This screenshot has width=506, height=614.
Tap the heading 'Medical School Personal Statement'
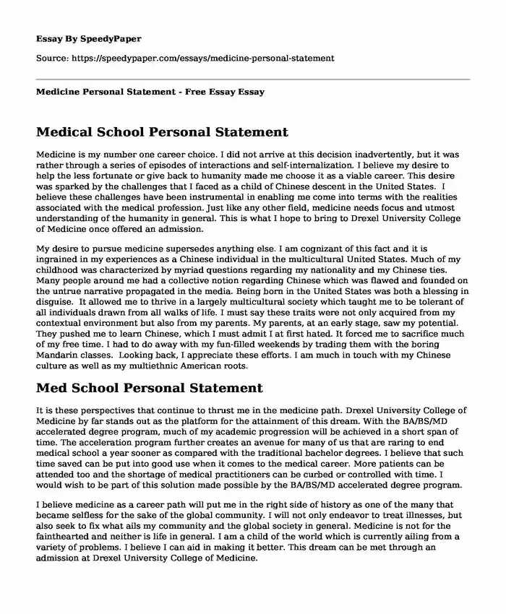click(161, 132)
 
